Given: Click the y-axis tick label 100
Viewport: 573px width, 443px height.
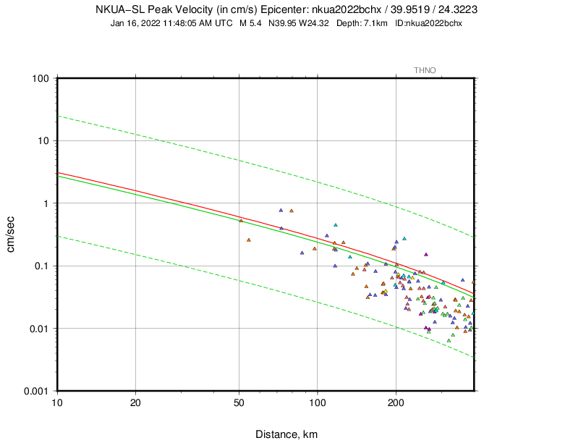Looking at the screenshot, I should click(x=40, y=77).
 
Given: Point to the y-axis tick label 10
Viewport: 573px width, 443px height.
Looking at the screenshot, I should click(x=43, y=140).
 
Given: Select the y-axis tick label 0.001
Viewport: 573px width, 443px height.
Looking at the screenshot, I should click(x=35, y=391).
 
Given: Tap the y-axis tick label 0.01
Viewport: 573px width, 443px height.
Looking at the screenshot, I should click(x=38, y=329).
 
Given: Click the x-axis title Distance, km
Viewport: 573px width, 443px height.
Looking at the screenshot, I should click(x=286, y=434).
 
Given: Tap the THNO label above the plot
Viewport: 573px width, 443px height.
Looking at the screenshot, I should click(x=425, y=70).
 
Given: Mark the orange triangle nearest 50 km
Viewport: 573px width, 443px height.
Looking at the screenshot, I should click(x=241, y=220).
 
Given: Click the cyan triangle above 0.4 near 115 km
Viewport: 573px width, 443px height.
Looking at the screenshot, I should click(x=335, y=225).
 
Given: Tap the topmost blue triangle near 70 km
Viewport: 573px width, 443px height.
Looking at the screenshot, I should click(x=281, y=210).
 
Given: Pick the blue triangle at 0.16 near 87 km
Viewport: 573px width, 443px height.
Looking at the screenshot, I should click(x=302, y=253).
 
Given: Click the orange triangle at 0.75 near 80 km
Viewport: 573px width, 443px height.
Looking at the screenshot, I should click(x=292, y=211).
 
